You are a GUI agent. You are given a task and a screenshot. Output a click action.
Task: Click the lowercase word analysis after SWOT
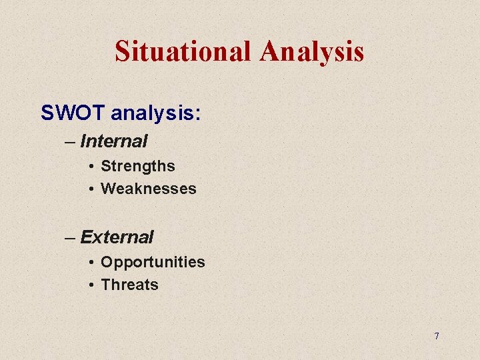[x=151, y=113]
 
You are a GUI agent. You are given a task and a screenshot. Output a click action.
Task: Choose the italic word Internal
[x=113, y=141]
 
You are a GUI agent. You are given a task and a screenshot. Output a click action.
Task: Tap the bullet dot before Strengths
[x=90, y=167]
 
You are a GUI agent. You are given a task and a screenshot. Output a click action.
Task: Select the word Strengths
[x=137, y=166]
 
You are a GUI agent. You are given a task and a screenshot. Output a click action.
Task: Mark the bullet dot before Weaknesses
[x=90, y=189]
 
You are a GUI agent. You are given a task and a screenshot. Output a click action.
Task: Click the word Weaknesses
[x=148, y=189]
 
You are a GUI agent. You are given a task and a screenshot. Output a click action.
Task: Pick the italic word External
[x=117, y=237]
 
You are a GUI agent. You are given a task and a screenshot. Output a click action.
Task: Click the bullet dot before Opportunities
[x=90, y=263]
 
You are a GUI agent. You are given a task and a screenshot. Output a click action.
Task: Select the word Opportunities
[x=153, y=262]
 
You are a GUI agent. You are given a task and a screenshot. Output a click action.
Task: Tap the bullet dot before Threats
[x=90, y=285]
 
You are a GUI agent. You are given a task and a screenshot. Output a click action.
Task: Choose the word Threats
[x=129, y=285]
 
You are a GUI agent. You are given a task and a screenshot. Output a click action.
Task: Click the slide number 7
[x=437, y=336]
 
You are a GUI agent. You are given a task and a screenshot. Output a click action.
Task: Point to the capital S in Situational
[x=122, y=51]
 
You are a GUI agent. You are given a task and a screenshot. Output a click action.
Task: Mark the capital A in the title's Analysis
[x=271, y=51]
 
